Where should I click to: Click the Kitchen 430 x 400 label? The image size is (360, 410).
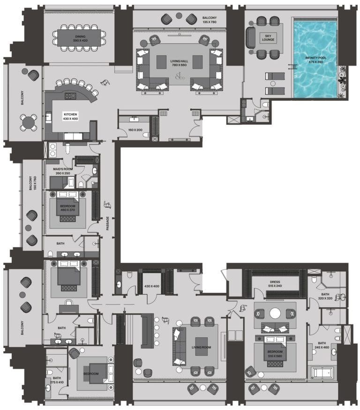click(71, 116)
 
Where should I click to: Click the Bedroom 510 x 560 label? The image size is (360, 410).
click(275, 353)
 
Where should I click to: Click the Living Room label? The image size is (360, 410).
click(201, 348)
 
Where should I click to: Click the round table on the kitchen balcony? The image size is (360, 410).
click(29, 123)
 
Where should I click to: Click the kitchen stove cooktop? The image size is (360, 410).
click(70, 97)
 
